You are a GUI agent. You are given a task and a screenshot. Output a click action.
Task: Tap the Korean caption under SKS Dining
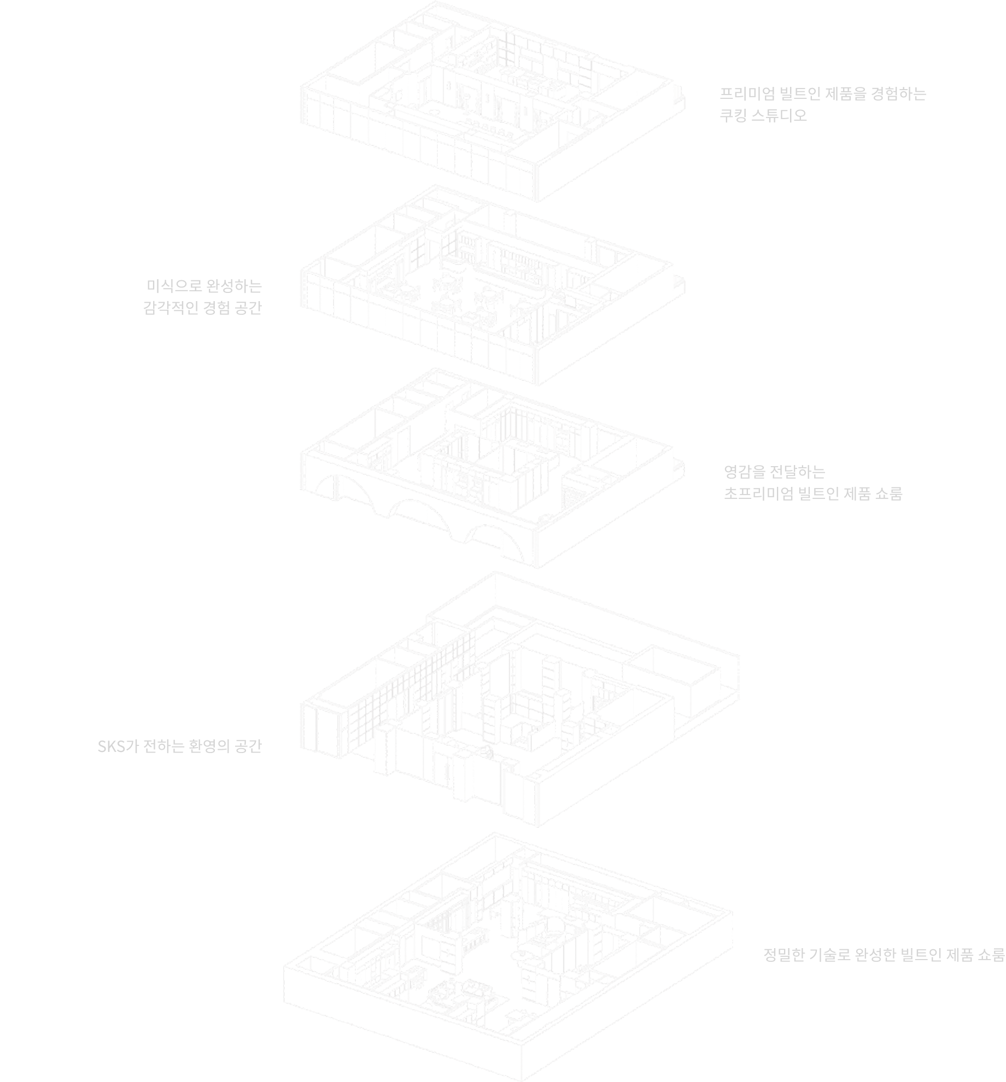point(203,297)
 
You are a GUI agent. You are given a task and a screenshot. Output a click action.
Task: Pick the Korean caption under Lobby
point(180,746)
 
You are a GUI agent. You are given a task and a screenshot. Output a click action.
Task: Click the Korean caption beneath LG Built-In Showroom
point(884,955)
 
